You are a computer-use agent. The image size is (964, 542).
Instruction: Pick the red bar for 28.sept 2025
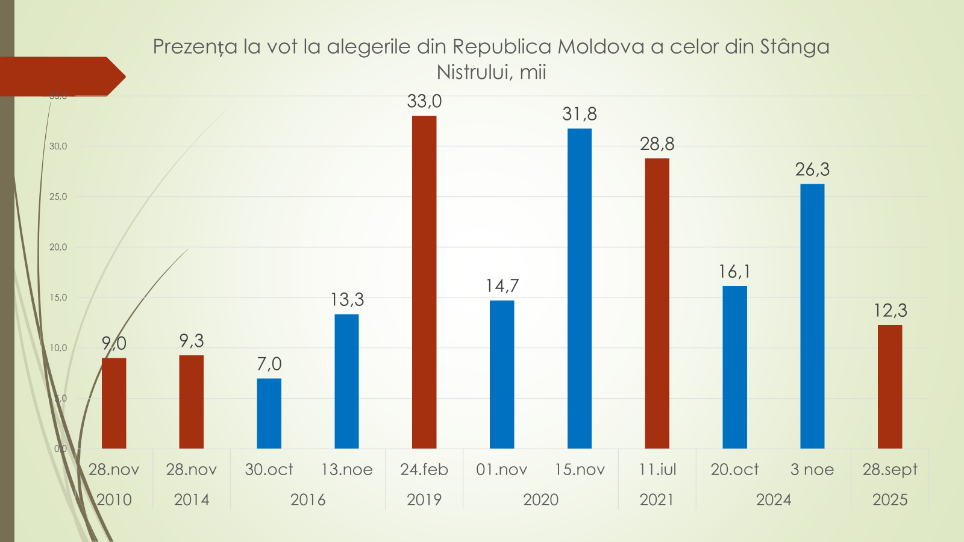tap(890, 387)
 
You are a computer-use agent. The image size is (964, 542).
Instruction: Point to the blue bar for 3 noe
tap(812, 316)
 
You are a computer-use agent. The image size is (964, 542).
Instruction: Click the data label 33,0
tap(424, 101)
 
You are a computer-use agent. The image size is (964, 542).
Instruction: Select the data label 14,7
tap(502, 285)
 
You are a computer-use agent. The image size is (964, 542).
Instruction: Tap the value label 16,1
tap(734, 272)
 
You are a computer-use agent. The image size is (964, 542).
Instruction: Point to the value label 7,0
tap(269, 364)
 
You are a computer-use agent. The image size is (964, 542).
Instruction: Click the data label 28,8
tap(657, 144)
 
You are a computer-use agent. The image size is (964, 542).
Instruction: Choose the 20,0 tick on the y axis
tap(58, 247)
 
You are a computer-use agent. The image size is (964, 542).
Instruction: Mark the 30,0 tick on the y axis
tap(58, 146)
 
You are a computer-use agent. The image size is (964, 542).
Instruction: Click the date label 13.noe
tap(346, 469)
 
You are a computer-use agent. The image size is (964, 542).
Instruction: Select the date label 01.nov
tap(502, 469)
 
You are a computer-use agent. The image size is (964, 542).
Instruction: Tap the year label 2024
tap(774, 499)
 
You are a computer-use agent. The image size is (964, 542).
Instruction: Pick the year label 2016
tap(308, 499)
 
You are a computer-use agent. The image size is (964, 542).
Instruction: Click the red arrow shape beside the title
tap(60, 76)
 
